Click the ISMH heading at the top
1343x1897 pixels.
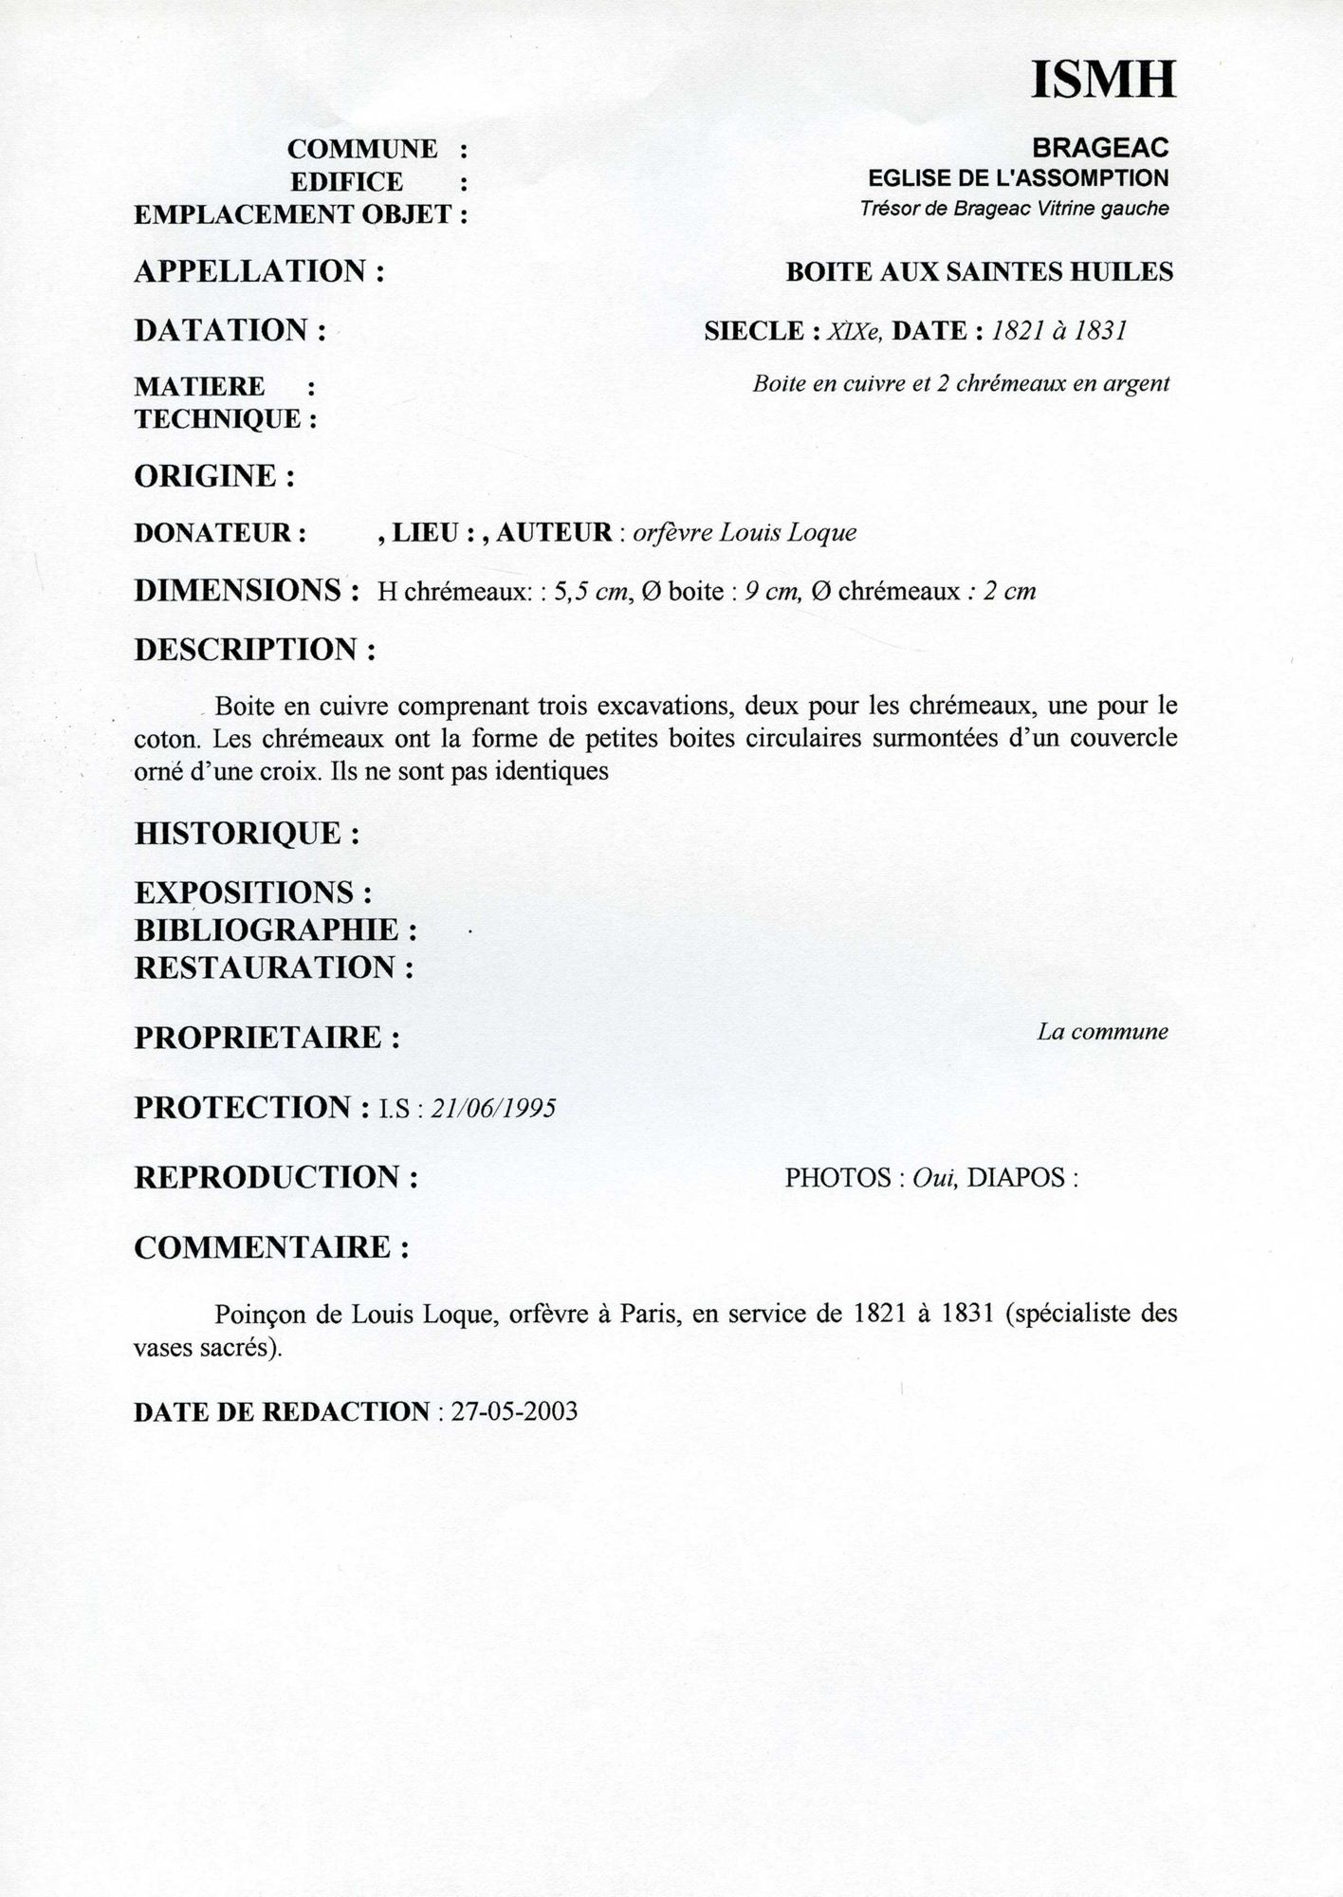[1103, 80]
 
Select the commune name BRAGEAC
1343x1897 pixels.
[1100, 148]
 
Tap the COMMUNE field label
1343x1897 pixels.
[362, 150]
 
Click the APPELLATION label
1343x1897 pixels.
[251, 272]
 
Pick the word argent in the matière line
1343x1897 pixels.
[1135, 384]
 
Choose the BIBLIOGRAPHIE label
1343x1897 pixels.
[268, 930]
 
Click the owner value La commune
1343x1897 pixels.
[1102, 1032]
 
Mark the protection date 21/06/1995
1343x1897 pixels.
[493, 1109]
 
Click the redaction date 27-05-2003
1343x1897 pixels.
[514, 1412]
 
